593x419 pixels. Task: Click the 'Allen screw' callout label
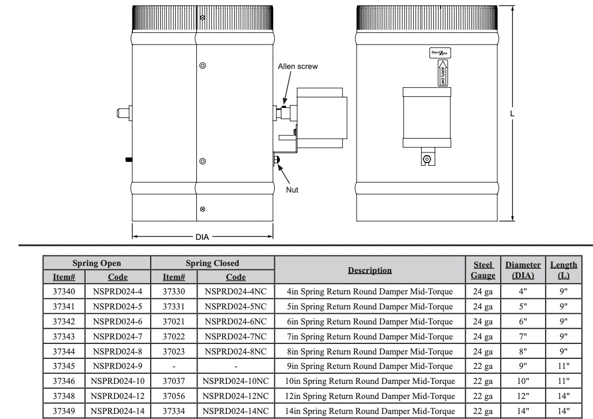point(298,66)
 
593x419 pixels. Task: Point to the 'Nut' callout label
point(292,190)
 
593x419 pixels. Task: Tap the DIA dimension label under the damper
point(202,237)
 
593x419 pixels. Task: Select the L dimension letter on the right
point(512,114)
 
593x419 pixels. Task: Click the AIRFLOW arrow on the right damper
point(442,73)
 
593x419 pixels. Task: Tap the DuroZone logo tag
point(440,53)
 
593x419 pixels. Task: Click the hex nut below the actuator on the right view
point(427,159)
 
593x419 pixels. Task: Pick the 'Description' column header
point(369,270)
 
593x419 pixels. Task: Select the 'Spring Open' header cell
point(97,263)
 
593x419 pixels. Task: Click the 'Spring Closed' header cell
point(212,263)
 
